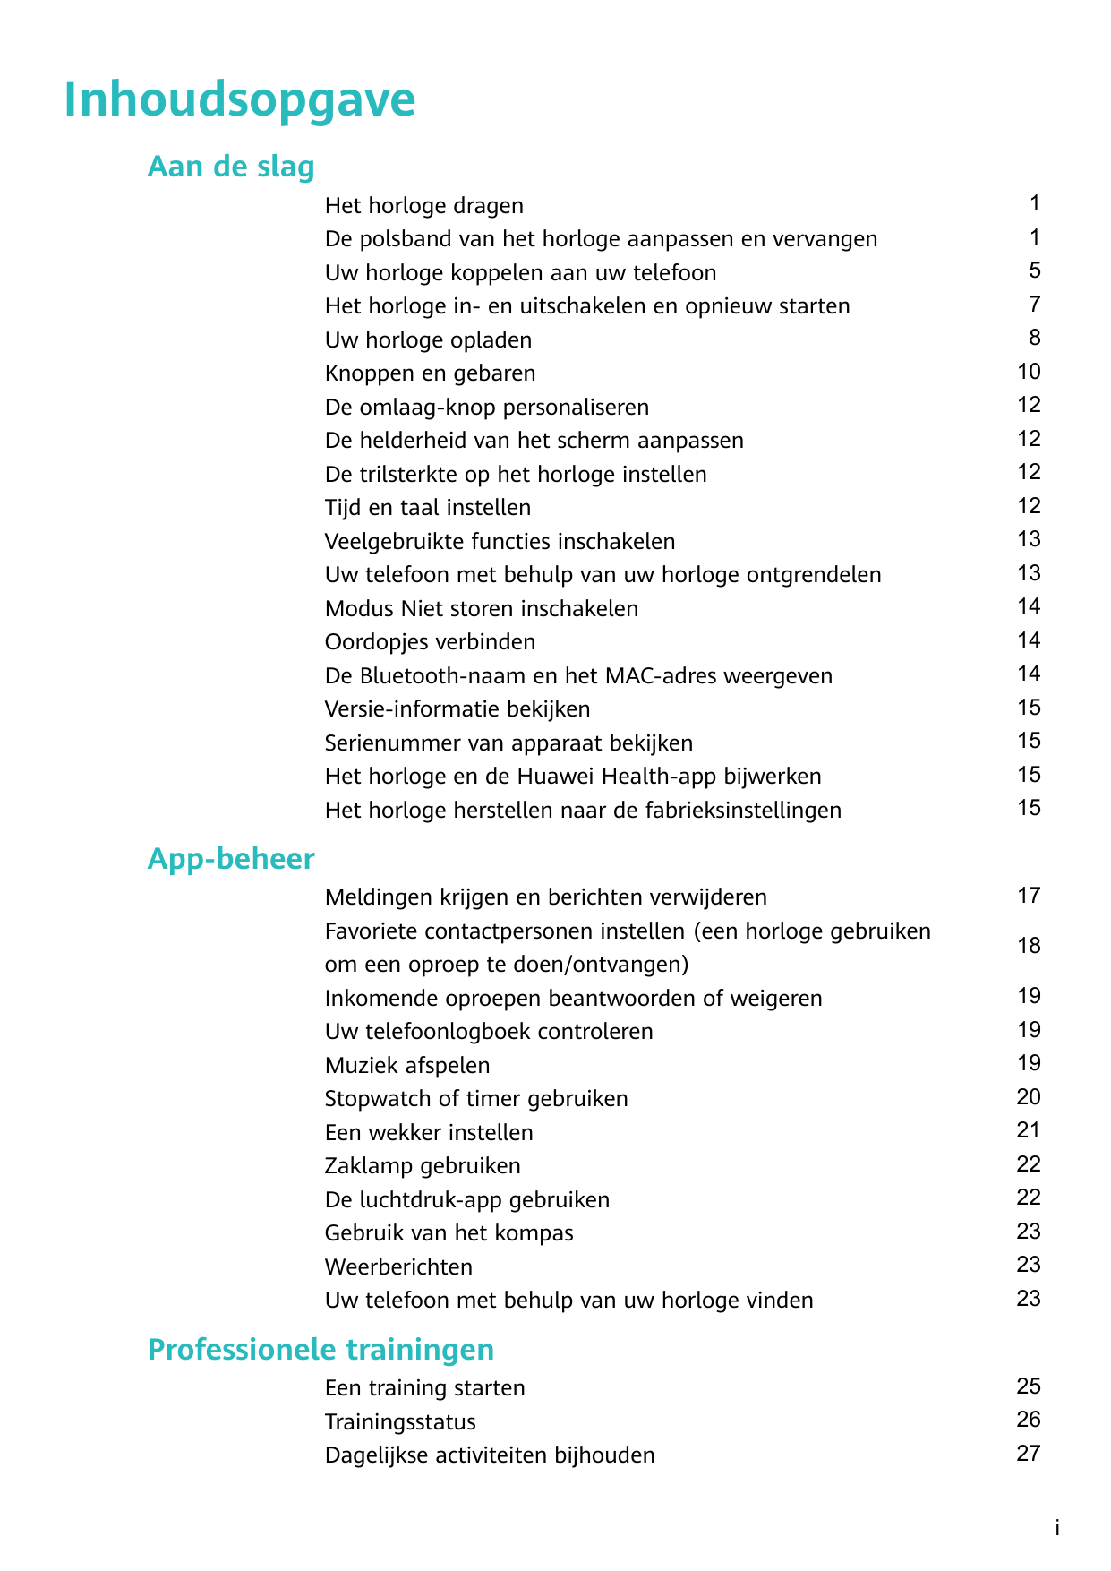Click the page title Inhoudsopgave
(x=240, y=99)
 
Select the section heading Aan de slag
(x=231, y=167)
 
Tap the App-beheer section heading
(x=231, y=859)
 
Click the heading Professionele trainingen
(x=320, y=1349)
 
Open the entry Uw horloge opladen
(x=428, y=340)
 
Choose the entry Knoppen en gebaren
(x=430, y=373)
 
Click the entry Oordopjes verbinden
(x=430, y=642)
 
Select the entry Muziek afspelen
(x=407, y=1066)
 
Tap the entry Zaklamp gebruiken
(x=423, y=1166)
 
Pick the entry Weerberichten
(x=398, y=1267)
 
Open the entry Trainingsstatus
(x=400, y=1422)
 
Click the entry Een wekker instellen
(x=429, y=1133)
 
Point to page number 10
(x=1029, y=372)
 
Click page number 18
(x=1029, y=946)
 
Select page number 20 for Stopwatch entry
(x=1029, y=1097)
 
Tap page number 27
(x=1029, y=1454)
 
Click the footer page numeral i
(x=1056, y=1529)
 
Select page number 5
(x=1035, y=270)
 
